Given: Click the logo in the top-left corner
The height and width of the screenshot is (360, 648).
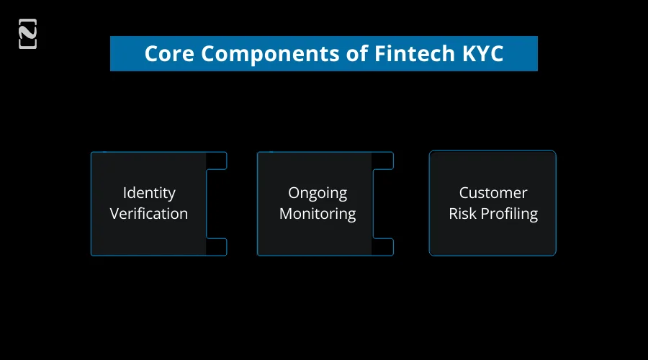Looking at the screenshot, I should [x=27, y=34].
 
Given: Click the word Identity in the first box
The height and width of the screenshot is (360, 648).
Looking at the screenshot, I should [x=149, y=193].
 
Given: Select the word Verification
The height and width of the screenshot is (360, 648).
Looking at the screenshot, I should [x=149, y=214].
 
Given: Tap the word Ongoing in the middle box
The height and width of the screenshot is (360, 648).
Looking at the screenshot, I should [x=318, y=193].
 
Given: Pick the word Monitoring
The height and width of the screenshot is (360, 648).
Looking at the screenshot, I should [x=318, y=214].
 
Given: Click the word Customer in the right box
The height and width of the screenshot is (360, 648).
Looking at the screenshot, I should [x=493, y=193].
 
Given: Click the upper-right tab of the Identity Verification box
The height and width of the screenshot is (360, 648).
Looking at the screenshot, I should [x=217, y=161].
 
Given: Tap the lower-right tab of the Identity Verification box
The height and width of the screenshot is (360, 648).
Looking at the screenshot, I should [x=217, y=246].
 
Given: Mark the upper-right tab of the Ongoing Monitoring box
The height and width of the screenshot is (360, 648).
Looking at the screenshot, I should [x=383, y=161].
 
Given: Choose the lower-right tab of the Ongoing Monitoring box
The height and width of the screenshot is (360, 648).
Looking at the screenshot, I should [x=383, y=246].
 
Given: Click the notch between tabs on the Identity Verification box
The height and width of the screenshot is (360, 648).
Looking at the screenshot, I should [x=217, y=204].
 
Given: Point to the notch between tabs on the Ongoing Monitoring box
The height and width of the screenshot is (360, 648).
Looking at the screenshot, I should [x=383, y=204].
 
